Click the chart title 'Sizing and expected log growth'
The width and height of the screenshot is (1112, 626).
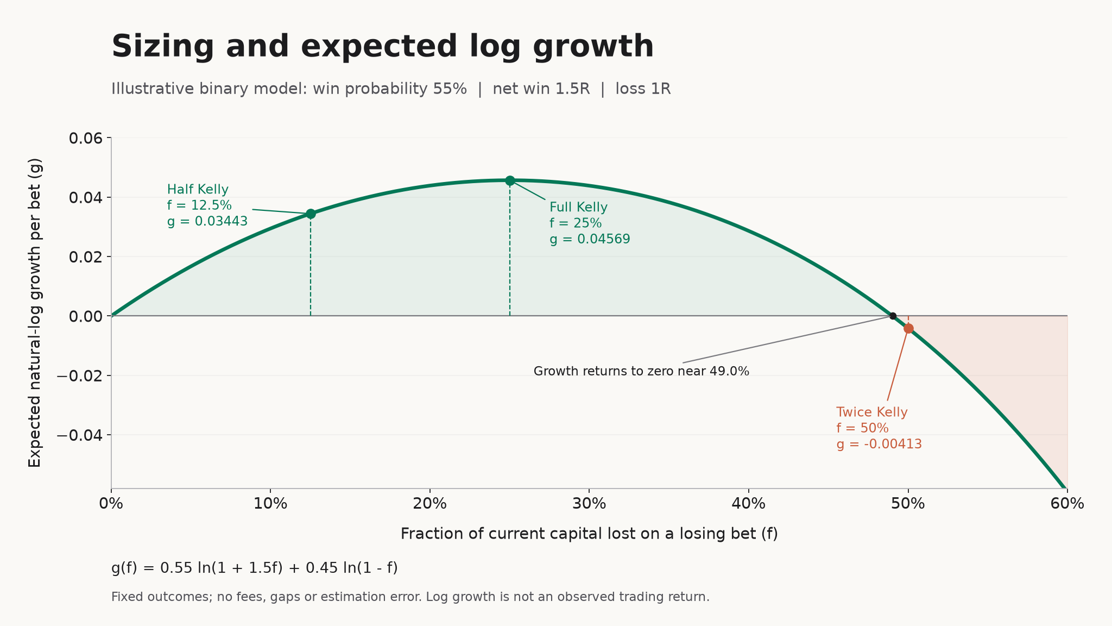382,47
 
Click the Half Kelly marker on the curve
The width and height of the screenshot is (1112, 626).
311,214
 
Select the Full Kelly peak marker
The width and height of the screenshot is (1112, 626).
510,180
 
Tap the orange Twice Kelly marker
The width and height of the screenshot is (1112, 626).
908,328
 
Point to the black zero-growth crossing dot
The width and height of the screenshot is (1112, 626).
893,316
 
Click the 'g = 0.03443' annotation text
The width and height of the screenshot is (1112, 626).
207,222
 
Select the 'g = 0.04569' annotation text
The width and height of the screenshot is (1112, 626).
590,240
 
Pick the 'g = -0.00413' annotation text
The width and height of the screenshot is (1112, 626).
879,445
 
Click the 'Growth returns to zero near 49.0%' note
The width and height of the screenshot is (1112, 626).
641,372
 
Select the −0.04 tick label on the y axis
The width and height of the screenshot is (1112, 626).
79,435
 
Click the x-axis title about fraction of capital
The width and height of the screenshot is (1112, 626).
589,534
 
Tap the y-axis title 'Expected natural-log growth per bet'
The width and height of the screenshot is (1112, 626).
35,312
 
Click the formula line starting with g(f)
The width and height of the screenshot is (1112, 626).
255,568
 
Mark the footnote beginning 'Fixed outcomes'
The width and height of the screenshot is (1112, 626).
410,597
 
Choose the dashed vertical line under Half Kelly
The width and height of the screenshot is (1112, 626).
311,265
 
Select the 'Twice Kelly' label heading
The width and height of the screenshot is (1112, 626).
872,412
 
